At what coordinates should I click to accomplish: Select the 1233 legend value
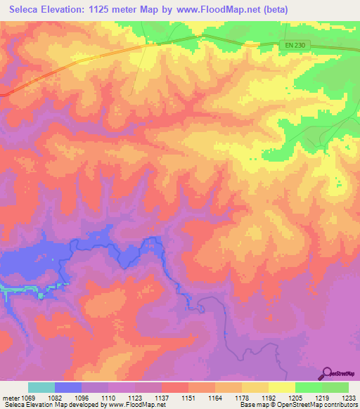(348, 397)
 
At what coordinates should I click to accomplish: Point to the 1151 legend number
(187, 397)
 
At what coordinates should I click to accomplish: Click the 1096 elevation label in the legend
(83, 397)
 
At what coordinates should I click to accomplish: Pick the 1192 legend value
(268, 397)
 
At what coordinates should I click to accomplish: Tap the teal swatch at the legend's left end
(41, 387)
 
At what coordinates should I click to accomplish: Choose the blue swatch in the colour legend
(68, 387)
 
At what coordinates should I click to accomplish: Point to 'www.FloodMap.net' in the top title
(217, 9)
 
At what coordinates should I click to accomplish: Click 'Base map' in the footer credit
(252, 405)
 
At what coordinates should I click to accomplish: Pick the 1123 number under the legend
(135, 397)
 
